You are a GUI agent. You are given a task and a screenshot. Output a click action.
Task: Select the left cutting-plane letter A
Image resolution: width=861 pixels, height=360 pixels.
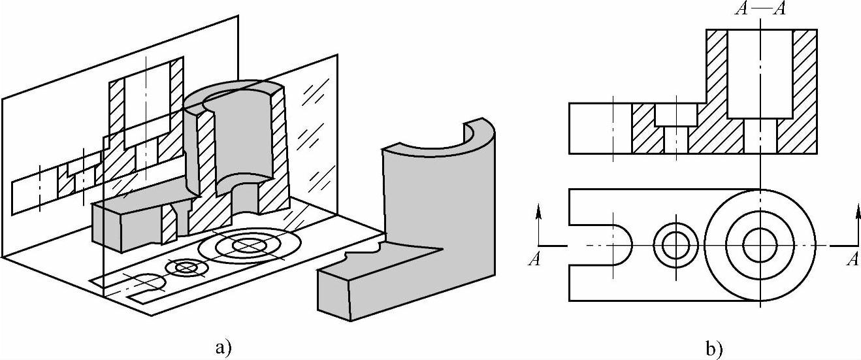tap(534, 259)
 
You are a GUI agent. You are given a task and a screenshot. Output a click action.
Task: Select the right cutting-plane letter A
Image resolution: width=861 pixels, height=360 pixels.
tap(852, 259)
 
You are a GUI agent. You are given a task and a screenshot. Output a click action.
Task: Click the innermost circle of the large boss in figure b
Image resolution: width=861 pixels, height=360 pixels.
tap(760, 245)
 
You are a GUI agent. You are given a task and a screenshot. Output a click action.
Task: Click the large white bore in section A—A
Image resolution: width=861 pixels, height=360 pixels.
tap(760, 73)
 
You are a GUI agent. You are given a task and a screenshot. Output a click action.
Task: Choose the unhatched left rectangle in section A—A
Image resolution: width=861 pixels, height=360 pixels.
tap(600, 128)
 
